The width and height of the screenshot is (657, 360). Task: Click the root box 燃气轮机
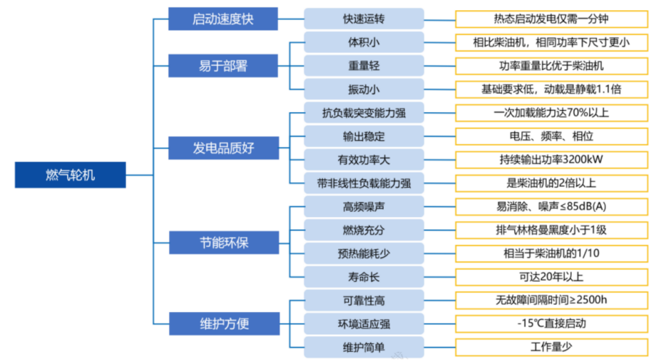click(x=71, y=175)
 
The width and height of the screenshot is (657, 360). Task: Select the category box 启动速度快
click(x=222, y=19)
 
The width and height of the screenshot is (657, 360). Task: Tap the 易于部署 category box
click(x=222, y=66)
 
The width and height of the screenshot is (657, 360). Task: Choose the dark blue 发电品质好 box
click(x=222, y=149)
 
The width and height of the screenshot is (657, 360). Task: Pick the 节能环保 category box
click(x=222, y=242)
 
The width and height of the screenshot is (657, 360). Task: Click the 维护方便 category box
click(x=222, y=322)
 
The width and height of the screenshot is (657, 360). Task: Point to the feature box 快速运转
click(x=363, y=19)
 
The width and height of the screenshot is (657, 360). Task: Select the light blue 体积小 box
click(x=363, y=42)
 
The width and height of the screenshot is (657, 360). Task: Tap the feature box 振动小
click(x=363, y=89)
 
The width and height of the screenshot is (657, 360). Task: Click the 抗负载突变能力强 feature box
click(x=363, y=113)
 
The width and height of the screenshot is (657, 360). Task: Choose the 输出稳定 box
click(x=363, y=136)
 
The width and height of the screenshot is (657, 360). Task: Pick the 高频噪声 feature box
click(x=363, y=206)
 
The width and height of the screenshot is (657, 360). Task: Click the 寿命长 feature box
click(x=363, y=277)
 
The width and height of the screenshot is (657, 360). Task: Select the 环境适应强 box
click(x=363, y=323)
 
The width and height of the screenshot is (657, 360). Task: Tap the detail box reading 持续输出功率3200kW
click(x=551, y=160)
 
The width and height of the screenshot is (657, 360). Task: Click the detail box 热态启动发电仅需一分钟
click(x=551, y=19)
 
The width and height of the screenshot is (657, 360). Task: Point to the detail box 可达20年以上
click(x=551, y=277)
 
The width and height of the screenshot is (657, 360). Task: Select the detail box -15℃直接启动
click(x=551, y=323)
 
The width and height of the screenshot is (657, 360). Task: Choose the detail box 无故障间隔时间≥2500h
click(x=551, y=300)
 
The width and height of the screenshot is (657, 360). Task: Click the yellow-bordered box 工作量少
click(x=551, y=346)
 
